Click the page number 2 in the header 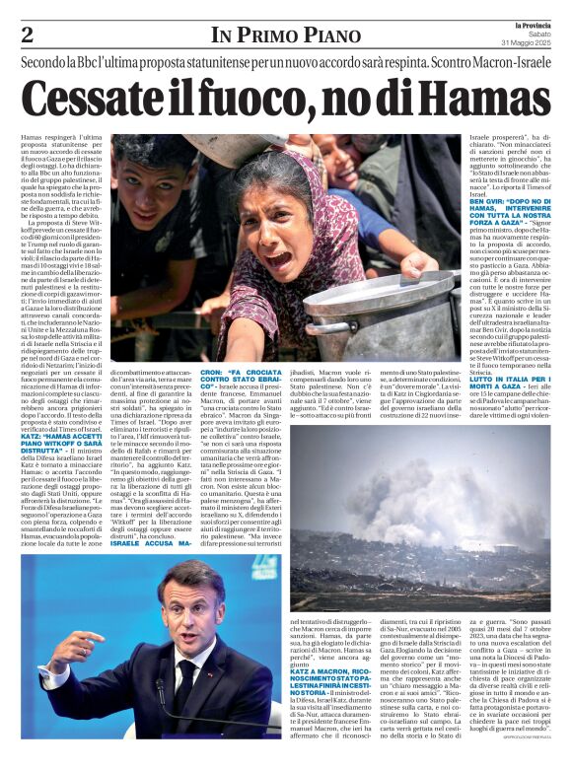(x=28, y=35)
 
